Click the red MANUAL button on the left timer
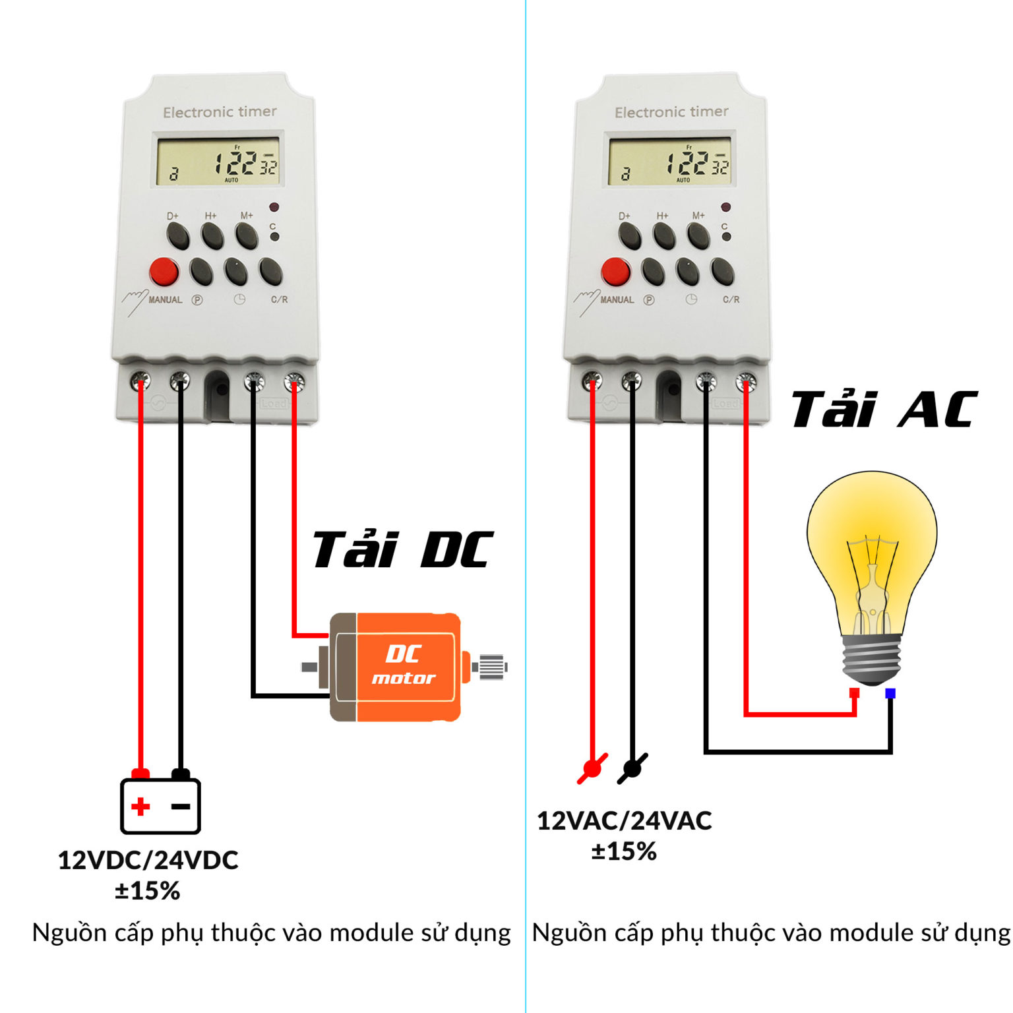point(164,271)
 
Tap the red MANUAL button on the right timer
point(615,271)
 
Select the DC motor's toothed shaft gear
point(491,667)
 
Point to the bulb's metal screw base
point(872,660)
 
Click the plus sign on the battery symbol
point(140,806)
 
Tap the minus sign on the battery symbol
point(180,806)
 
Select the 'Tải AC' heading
point(884,409)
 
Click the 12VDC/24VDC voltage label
point(148,860)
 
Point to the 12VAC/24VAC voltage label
point(624,821)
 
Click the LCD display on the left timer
point(218,162)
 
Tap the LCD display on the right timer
point(669,162)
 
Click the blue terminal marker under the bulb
point(890,693)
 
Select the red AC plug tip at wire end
point(592,768)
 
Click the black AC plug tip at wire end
point(632,768)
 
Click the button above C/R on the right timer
point(722,271)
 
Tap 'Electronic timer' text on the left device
point(220,112)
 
